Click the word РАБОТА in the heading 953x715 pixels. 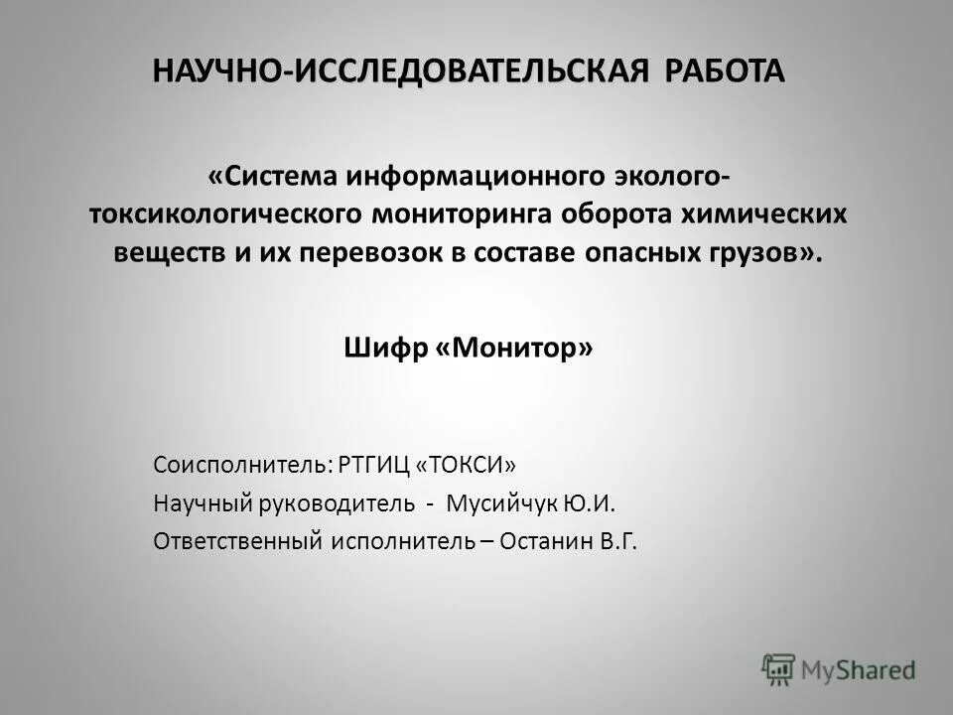pyautogui.click(x=724, y=71)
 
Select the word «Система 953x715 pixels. pyautogui.click(x=273, y=176)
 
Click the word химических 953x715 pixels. pyautogui.click(x=781, y=214)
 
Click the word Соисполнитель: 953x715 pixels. pyautogui.click(x=242, y=466)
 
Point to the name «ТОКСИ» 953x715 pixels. pyautogui.click(x=467, y=466)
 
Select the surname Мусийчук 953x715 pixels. pyautogui.click(x=502, y=503)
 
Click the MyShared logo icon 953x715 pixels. pyautogui.click(x=780, y=668)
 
